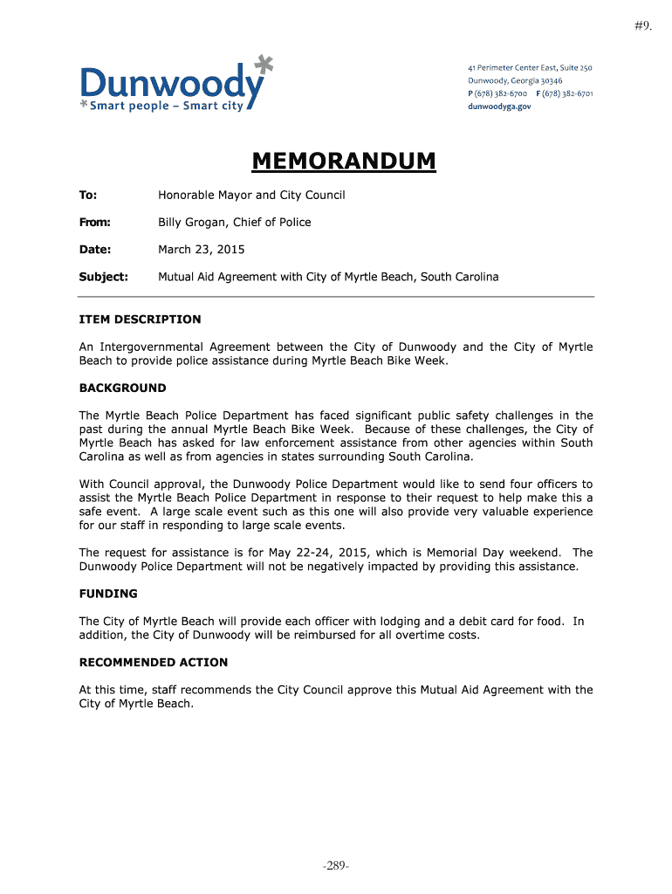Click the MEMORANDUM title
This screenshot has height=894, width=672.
click(343, 162)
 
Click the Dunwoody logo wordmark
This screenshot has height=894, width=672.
click(172, 84)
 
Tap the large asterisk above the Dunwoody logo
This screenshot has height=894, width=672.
click(264, 65)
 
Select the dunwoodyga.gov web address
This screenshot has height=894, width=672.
click(499, 107)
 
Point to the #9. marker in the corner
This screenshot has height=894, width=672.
click(643, 27)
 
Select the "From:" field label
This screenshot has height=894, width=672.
click(94, 223)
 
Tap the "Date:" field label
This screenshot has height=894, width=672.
click(94, 250)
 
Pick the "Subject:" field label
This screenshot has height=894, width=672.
click(103, 277)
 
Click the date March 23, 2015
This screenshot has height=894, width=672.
click(202, 250)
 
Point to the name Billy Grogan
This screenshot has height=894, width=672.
click(194, 223)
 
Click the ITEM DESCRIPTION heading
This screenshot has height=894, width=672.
click(140, 320)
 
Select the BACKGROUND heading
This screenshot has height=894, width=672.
click(122, 388)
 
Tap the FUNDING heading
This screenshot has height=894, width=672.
click(108, 594)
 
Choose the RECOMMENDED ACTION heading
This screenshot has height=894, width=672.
click(154, 662)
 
